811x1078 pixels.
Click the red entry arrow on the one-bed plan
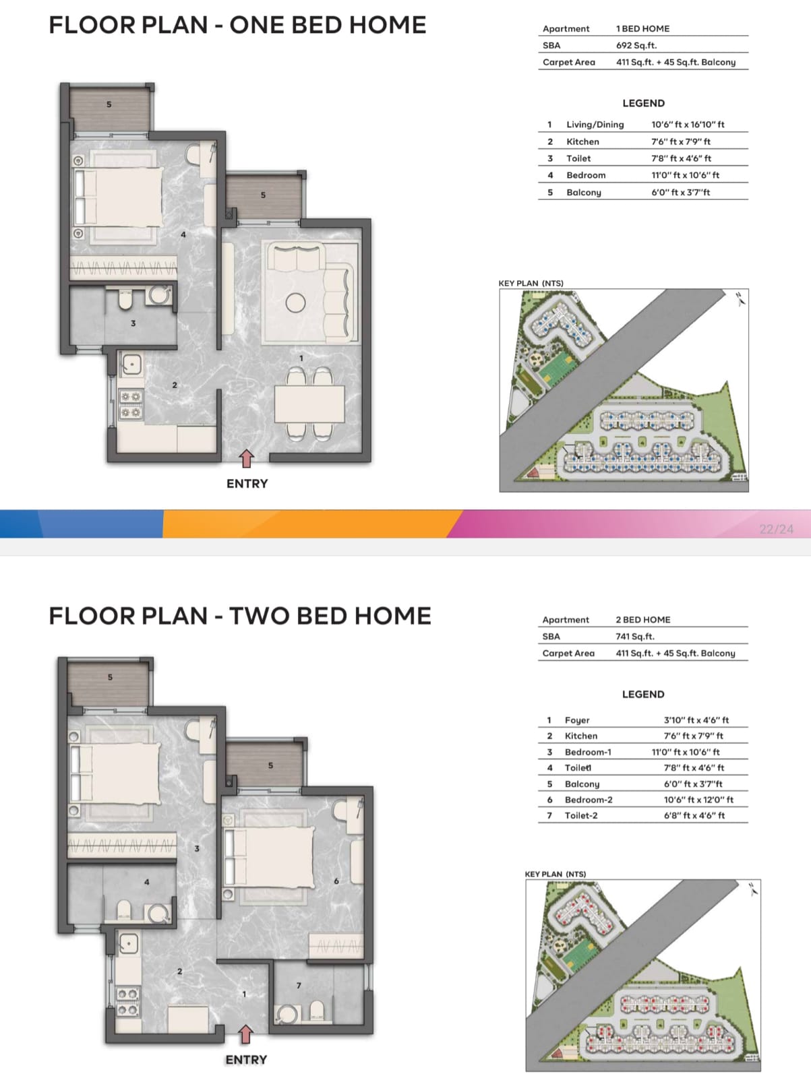coord(246,459)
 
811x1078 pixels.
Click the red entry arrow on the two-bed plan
coord(245,1034)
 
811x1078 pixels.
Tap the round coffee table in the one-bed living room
coord(295,303)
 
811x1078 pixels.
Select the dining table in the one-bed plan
coord(309,404)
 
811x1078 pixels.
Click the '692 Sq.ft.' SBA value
coord(636,45)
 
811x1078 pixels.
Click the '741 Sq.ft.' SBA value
coord(635,637)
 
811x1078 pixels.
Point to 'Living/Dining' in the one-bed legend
coord(595,125)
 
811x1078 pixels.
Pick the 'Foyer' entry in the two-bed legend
coord(577,720)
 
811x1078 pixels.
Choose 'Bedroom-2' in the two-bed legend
coord(589,800)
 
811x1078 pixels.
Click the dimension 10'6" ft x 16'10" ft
coord(688,125)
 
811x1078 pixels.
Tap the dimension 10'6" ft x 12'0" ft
coord(698,800)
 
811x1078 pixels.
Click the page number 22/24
coord(776,529)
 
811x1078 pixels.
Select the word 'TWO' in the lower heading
coord(260,616)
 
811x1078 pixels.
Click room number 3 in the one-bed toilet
coord(133,323)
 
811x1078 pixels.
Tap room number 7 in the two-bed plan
coord(299,985)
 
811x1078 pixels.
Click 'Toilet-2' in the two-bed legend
coord(581,816)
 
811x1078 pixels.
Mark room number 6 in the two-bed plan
coord(336,881)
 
